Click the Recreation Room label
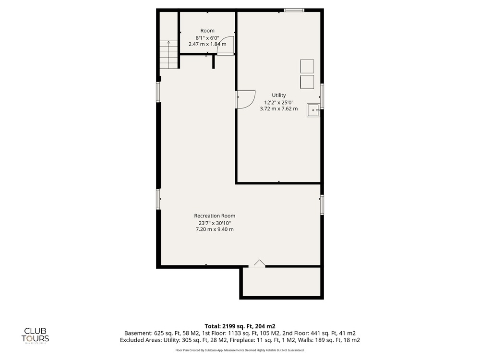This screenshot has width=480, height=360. [215, 216]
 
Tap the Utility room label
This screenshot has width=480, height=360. [279, 96]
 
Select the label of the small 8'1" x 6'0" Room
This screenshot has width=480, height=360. [207, 31]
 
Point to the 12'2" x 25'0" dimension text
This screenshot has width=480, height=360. [279, 103]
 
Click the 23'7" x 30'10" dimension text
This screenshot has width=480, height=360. [215, 223]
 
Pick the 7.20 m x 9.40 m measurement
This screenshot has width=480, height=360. [215, 229]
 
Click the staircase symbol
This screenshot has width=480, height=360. [168, 55]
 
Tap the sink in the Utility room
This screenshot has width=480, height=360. [313, 110]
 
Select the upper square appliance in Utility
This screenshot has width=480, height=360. [307, 66]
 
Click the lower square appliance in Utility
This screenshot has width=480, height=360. [307, 82]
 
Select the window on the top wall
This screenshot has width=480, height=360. [294, 10]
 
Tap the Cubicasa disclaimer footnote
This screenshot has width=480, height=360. [240, 350]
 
